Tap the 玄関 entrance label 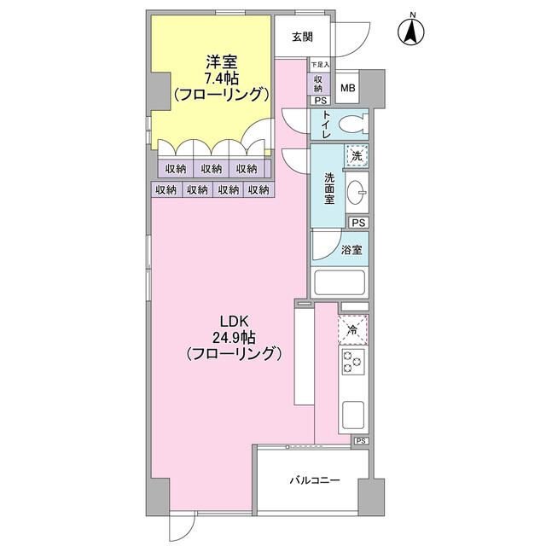[301, 37]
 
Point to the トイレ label [327, 125]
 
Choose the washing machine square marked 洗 [357, 156]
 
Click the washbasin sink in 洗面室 [358, 189]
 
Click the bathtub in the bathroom [340, 282]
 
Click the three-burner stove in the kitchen [353, 362]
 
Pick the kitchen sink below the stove [353, 416]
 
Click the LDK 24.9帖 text [233, 337]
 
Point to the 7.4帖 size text [221, 78]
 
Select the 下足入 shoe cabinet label [318, 65]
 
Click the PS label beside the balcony [361, 441]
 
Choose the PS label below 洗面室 [359, 223]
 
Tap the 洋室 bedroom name [221, 61]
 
